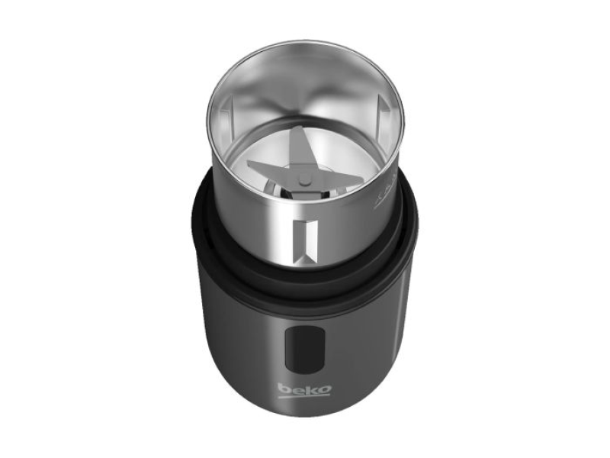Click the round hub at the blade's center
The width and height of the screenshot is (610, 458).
coord(304,179)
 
